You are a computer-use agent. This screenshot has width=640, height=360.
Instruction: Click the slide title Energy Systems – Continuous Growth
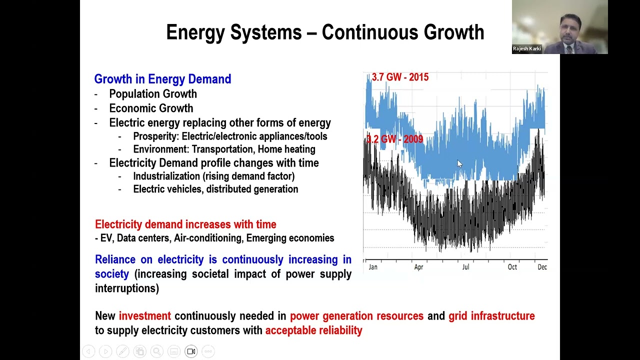[x=325, y=32]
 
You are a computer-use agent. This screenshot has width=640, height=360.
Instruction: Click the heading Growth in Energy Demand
[x=162, y=79]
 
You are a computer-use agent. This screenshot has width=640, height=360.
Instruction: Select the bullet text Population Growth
[x=153, y=94]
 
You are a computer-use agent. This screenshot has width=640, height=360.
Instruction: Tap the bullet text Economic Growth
[x=151, y=108]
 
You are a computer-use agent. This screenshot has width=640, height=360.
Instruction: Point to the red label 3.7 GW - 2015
[x=400, y=77]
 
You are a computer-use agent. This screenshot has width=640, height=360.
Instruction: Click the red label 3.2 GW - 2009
[x=394, y=139]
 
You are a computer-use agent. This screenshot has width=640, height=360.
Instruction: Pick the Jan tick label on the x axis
[x=373, y=267]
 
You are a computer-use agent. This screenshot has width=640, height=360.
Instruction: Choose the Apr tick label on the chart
[x=418, y=267]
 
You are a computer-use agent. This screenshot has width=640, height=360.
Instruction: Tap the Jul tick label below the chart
[x=465, y=267]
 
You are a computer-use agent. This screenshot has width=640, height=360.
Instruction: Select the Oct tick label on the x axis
[x=512, y=267]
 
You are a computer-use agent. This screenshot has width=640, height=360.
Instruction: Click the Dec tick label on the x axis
[x=542, y=267]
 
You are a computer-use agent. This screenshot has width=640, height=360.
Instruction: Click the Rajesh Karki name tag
[x=526, y=49]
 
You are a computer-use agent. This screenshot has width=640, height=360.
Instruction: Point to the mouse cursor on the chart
[x=459, y=163]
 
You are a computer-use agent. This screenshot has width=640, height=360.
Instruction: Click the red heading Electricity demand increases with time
[x=185, y=224]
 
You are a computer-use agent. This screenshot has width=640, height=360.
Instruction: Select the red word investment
[x=145, y=316]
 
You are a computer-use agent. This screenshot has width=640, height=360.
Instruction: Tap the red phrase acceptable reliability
[x=313, y=330]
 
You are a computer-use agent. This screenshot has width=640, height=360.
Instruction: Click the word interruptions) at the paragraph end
[x=127, y=288]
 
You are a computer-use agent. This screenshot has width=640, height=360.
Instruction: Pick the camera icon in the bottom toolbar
[x=191, y=351]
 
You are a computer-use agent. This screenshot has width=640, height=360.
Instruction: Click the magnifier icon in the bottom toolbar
[x=157, y=351]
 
